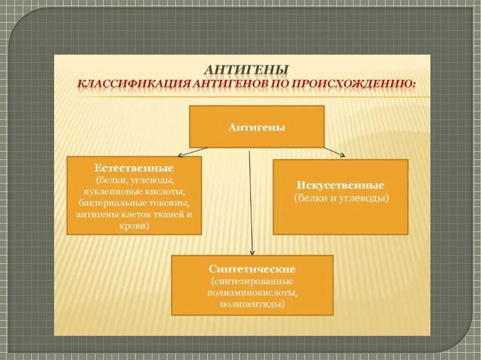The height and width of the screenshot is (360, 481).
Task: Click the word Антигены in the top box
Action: point(256,127)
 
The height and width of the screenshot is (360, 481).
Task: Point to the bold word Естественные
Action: point(134,169)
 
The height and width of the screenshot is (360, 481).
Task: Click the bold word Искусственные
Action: point(341,185)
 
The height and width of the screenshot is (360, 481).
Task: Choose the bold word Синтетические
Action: point(252,270)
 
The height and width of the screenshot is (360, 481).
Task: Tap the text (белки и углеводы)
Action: point(341,198)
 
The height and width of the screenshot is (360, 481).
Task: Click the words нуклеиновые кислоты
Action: point(134,191)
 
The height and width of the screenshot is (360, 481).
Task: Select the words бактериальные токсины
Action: point(134,203)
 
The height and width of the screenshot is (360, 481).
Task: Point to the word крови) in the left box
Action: point(134,226)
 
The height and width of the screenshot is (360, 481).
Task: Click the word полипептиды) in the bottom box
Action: point(253,304)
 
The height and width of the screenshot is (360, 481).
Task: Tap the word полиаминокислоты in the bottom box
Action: point(252,292)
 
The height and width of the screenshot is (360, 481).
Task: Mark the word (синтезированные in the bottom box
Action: point(253,281)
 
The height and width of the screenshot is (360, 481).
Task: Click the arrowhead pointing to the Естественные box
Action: point(178,155)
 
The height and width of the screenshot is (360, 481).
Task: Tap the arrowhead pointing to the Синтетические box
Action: point(252,253)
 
